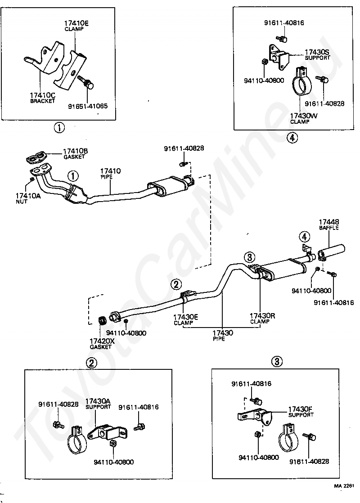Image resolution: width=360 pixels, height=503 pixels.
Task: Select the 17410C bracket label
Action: (43, 98)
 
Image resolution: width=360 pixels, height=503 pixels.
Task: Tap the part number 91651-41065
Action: (88, 106)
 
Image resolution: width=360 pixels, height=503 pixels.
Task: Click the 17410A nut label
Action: (28, 198)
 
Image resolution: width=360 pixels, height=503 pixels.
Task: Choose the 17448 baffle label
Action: (329, 224)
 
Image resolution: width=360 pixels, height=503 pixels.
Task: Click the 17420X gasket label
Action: (102, 344)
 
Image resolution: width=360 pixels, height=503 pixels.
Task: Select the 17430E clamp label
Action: (186, 319)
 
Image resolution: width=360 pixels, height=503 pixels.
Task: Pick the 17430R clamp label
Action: (262, 319)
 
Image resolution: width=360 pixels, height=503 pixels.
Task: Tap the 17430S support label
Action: (317, 54)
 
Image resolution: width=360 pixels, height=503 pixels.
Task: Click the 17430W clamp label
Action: (304, 118)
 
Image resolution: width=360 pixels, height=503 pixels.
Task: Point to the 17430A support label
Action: (98, 404)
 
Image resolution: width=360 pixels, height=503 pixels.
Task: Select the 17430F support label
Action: (301, 412)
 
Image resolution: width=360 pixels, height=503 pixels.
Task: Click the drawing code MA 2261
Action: (344, 485)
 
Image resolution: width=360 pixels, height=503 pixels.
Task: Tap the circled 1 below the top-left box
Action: (59, 128)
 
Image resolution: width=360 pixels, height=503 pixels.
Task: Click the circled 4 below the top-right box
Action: (292, 138)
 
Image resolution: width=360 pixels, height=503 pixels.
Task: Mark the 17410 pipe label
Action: (110, 173)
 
